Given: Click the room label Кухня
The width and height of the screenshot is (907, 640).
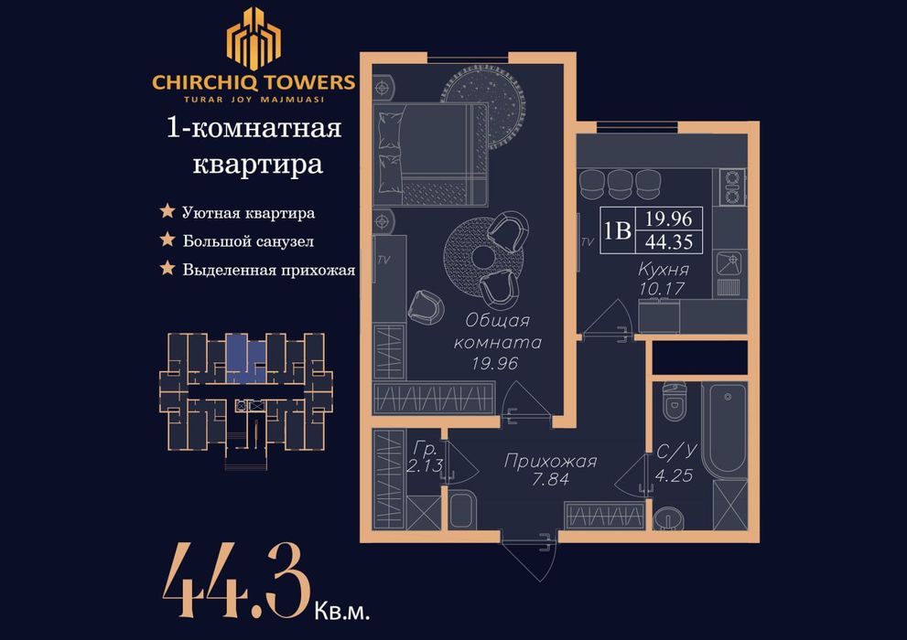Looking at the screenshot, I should tap(664, 271).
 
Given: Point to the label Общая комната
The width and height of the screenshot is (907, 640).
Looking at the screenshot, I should tap(498, 331).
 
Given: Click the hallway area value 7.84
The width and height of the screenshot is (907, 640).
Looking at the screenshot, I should tap(550, 479).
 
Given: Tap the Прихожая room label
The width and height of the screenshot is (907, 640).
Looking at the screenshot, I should tap(550, 462).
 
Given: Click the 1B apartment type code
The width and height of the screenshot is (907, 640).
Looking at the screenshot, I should tap(617, 229).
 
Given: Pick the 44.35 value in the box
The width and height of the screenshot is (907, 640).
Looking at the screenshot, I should tap(673, 241).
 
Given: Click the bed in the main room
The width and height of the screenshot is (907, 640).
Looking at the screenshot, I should tap(430, 154).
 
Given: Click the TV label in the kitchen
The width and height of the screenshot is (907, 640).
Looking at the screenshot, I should tap(588, 242).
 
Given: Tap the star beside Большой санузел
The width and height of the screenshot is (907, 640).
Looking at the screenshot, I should tap(167, 241).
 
